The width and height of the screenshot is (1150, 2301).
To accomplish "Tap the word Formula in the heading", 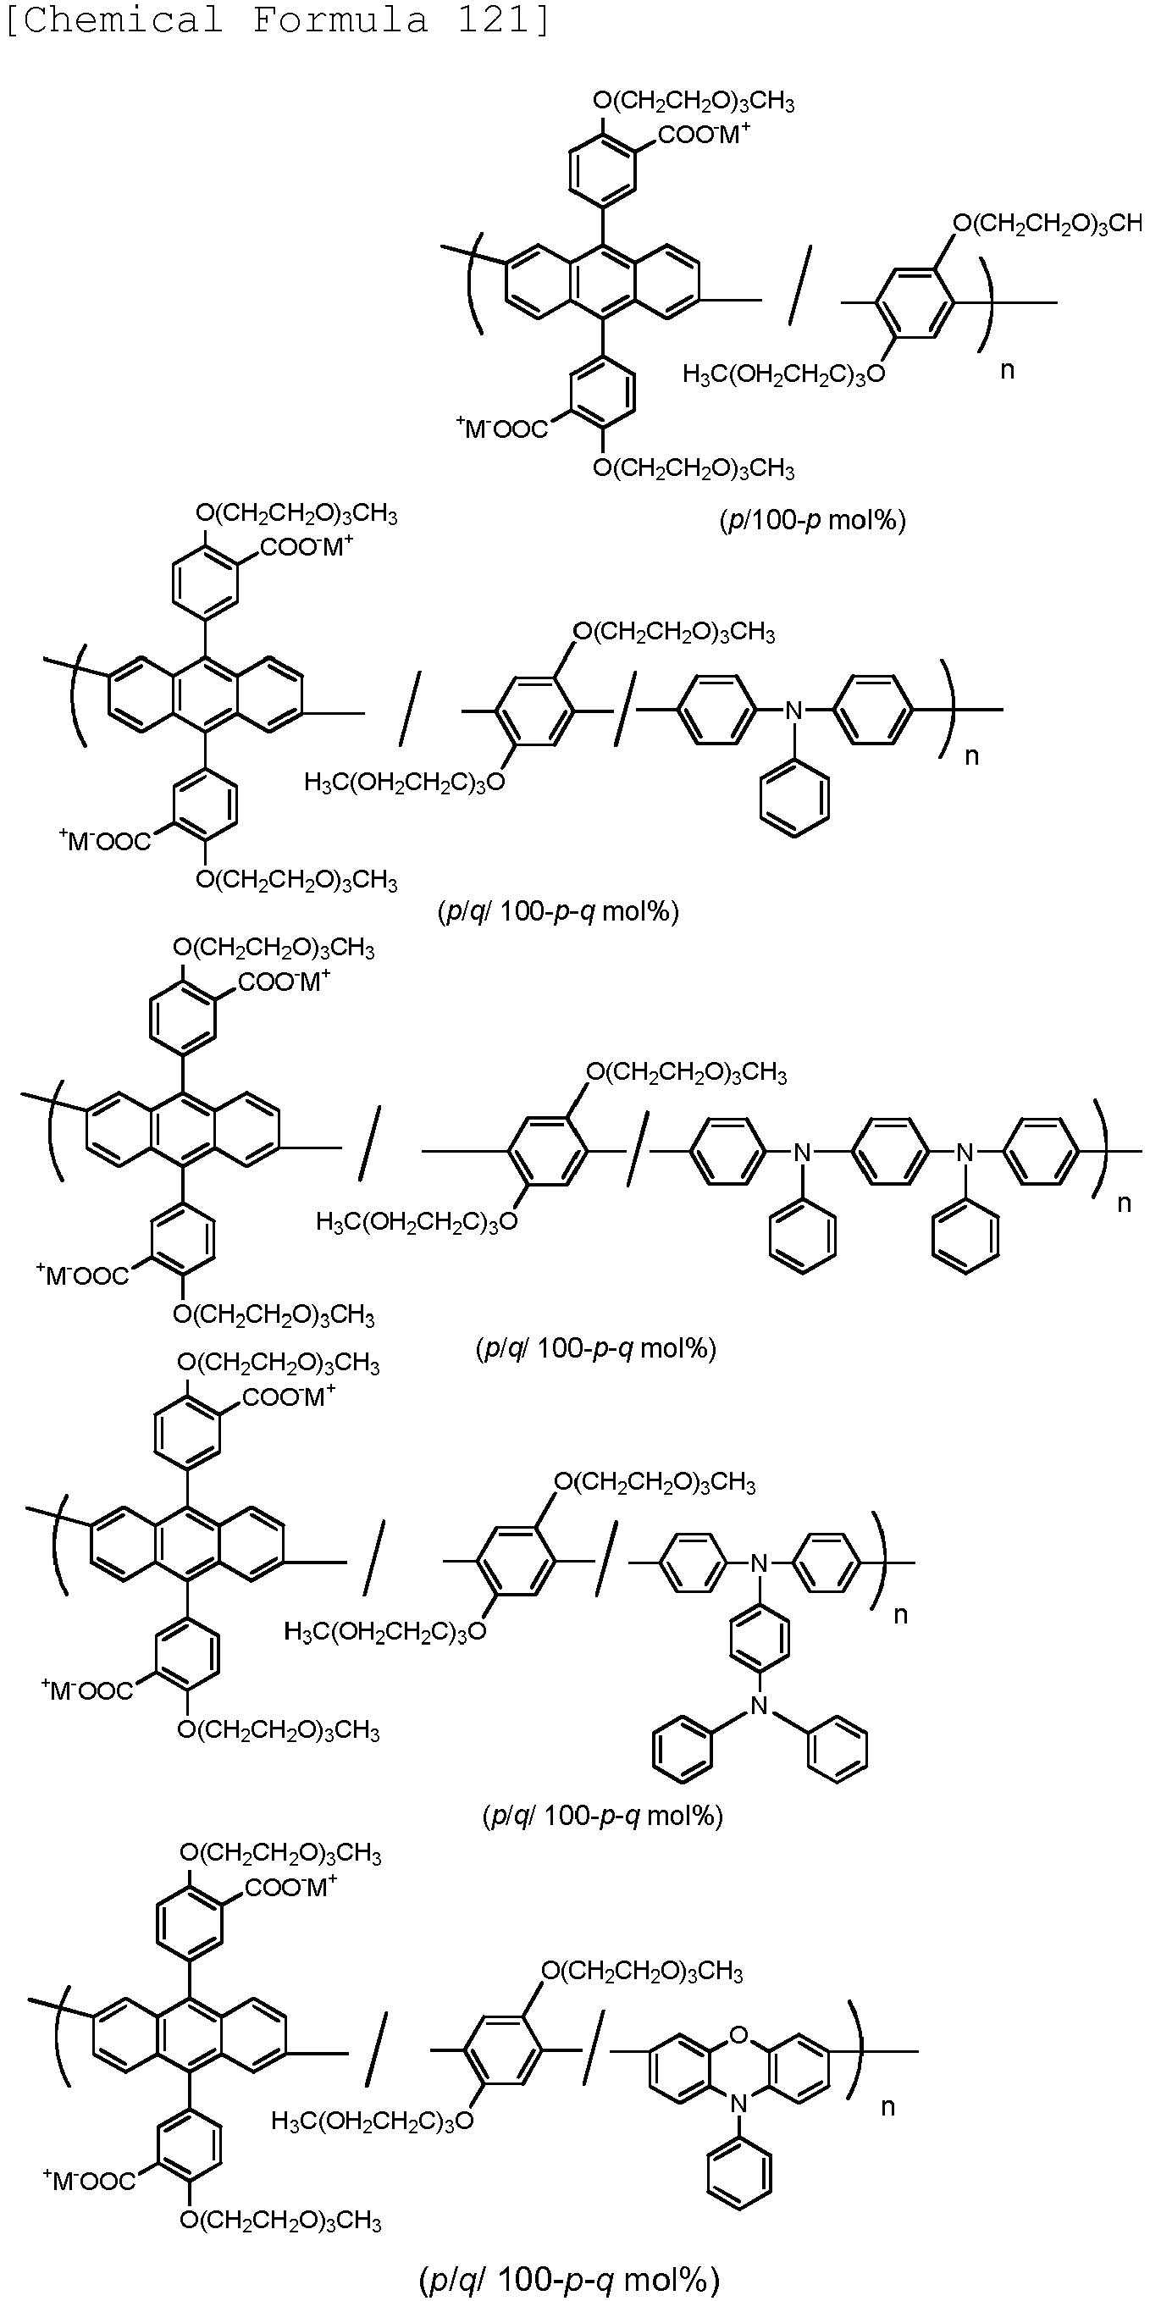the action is (x=340, y=19).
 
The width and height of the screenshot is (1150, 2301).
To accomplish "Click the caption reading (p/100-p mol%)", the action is (x=812, y=520).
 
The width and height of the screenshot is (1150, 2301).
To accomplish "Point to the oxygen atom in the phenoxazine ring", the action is (x=738, y=2035).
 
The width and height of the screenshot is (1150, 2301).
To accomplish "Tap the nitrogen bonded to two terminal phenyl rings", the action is (x=760, y=1706).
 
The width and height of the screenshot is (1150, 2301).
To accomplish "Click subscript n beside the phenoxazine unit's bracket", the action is (x=887, y=2106).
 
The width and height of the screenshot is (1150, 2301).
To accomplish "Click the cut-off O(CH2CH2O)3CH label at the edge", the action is (x=1048, y=223).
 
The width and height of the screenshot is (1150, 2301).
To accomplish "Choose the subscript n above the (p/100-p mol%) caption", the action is (x=1007, y=370).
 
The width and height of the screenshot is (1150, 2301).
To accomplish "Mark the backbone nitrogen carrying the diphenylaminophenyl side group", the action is (x=760, y=1563).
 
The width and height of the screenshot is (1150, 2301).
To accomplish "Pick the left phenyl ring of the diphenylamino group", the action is (x=683, y=1750).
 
